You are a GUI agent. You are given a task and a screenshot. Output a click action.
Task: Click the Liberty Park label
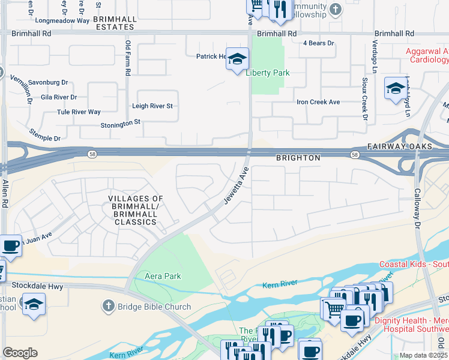coord(268,73)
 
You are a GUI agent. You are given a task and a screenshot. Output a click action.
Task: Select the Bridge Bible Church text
coord(154,307)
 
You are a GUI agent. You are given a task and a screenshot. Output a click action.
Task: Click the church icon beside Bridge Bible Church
coord(108,307)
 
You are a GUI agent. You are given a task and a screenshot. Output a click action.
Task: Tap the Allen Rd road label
coord(5,194)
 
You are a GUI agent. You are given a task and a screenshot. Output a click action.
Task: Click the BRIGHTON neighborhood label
coord(298,157)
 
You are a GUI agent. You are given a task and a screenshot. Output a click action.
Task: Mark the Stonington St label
coord(120,122)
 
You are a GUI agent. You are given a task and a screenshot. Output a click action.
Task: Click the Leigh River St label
coord(152,106)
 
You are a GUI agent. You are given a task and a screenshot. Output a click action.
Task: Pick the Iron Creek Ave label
coord(318,102)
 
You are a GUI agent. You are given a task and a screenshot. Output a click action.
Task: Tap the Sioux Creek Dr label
coord(364,98)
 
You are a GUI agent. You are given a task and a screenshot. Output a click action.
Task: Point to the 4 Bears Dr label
coord(318,43)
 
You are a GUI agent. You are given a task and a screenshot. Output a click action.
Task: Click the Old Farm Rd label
coord(127,58)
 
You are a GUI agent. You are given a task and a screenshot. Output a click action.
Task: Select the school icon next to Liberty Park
coord(237,59)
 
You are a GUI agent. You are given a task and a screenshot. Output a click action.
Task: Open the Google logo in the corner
coord(20,353)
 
